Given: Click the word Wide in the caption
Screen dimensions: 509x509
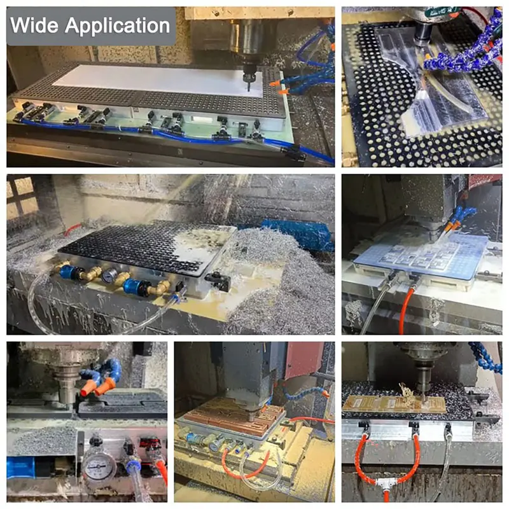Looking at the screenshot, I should click(x=36, y=26).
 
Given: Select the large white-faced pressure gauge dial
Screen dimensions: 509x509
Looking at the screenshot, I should click(x=99, y=467).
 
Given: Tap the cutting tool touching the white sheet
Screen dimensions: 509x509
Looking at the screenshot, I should click(x=248, y=82).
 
